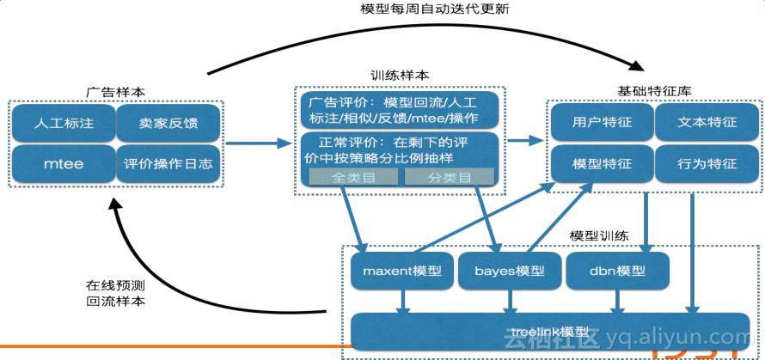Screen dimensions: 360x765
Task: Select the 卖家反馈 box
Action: (168, 123)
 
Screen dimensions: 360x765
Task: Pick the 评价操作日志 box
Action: (168, 163)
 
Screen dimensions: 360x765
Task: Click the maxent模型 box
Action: (402, 271)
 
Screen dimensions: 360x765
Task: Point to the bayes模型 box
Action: (510, 271)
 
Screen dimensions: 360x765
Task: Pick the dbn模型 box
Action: (617, 271)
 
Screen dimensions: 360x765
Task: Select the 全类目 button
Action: (353, 177)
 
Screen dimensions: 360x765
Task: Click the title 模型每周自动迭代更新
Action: (426, 10)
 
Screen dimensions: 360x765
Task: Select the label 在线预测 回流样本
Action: (115, 293)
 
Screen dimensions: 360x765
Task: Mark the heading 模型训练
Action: (598, 235)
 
